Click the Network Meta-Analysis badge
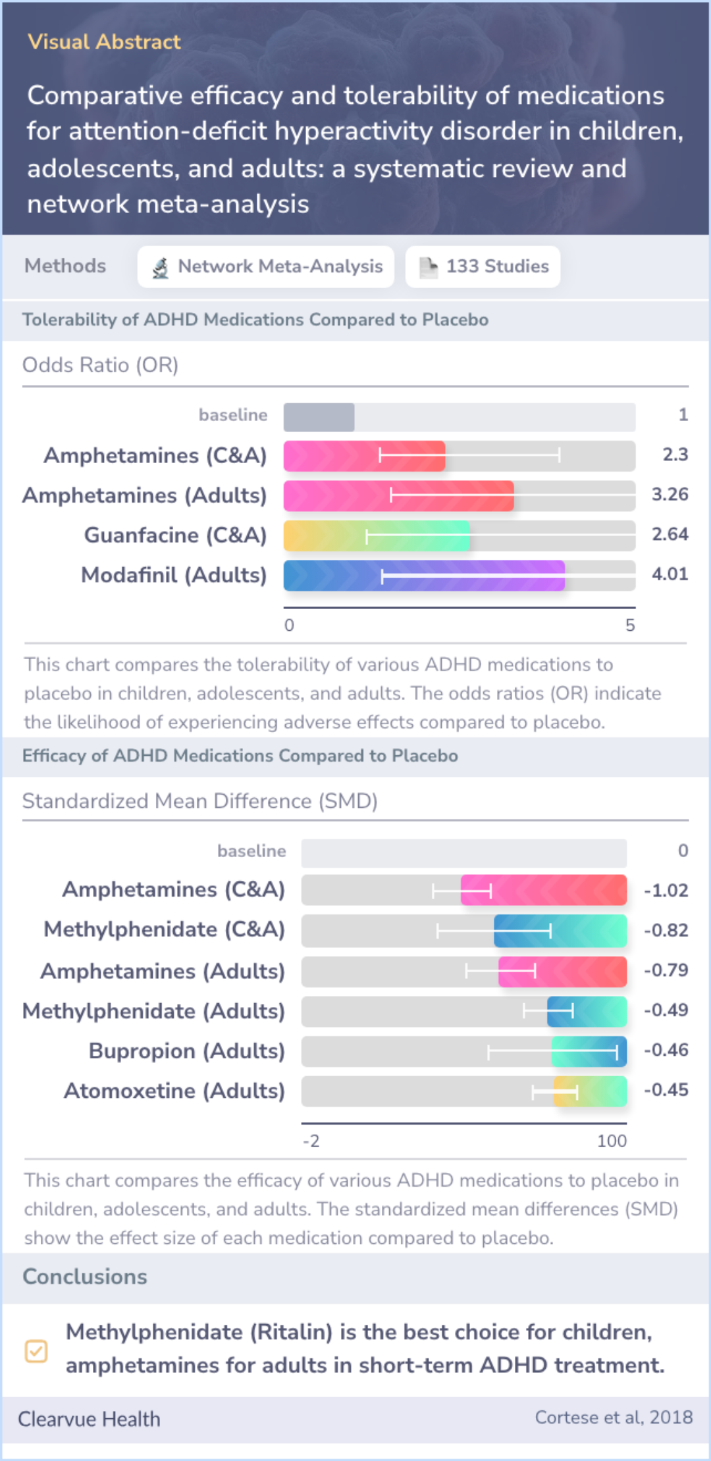click(x=266, y=266)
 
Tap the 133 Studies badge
click(x=483, y=266)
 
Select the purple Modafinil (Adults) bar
click(x=424, y=576)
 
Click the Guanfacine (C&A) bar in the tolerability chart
click(x=377, y=535)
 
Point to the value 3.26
click(x=670, y=495)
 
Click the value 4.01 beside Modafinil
click(x=670, y=574)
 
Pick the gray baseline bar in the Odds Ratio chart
click(x=319, y=417)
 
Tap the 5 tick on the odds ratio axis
click(x=630, y=625)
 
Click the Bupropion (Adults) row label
click(x=186, y=1051)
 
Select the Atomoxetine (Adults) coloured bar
click(x=590, y=1091)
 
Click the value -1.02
click(x=666, y=891)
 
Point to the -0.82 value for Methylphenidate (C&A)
click(x=666, y=930)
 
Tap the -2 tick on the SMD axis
click(x=311, y=1141)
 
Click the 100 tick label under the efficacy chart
click(x=612, y=1141)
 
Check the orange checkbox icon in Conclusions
click(x=36, y=1351)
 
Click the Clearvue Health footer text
click(x=89, y=1419)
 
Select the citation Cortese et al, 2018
click(x=613, y=1418)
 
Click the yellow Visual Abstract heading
click(x=104, y=42)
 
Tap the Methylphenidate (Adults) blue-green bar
click(x=587, y=1012)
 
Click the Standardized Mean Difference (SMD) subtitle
click(x=199, y=801)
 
